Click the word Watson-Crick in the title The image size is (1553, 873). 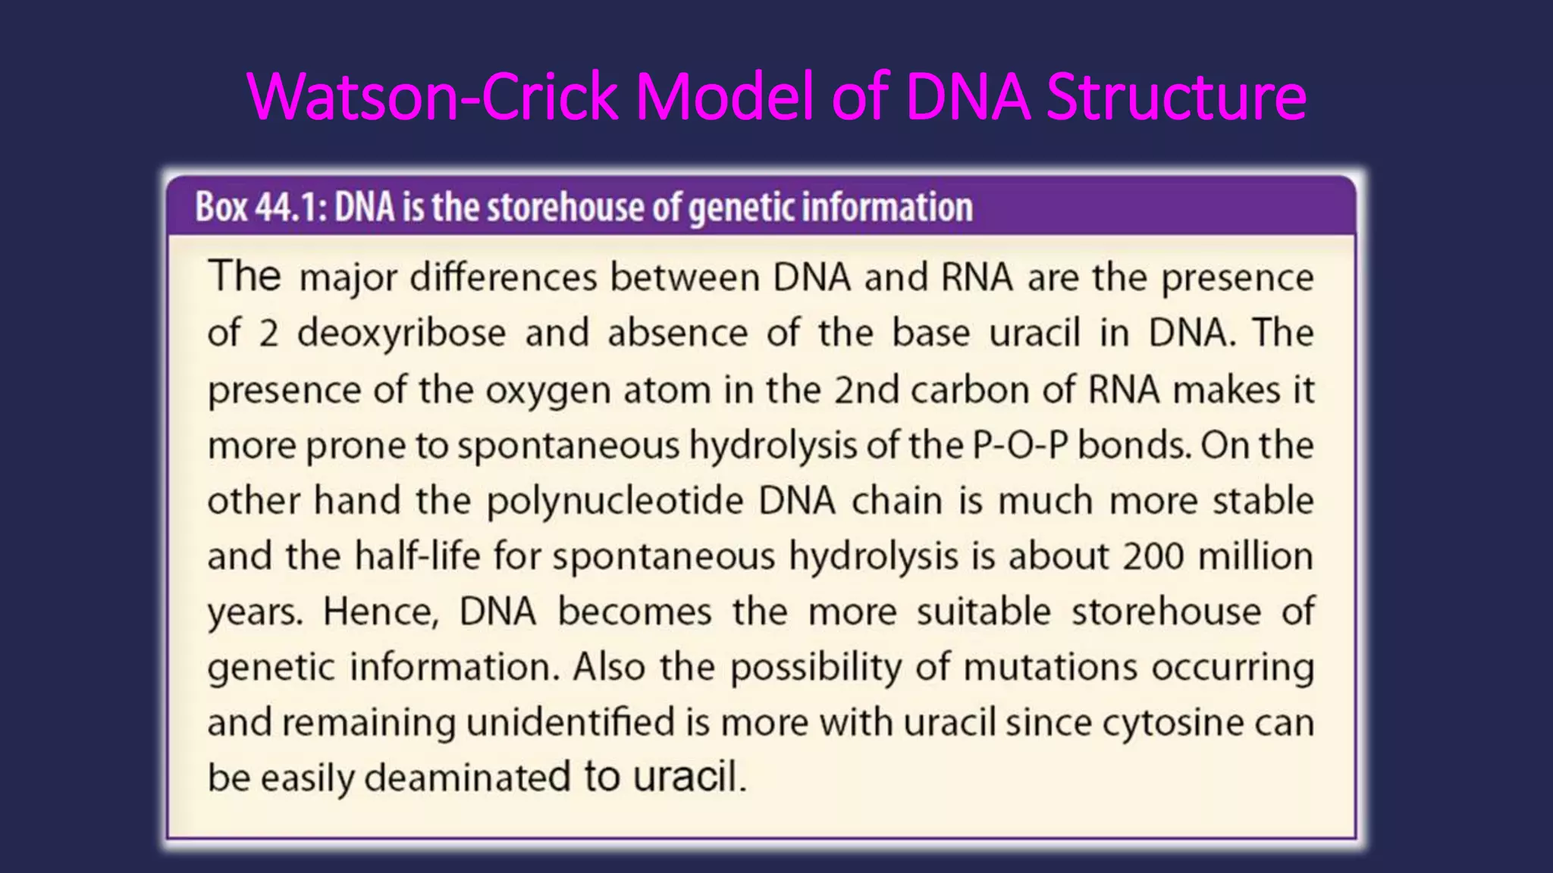coord(432,96)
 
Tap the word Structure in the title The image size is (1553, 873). coord(1176,96)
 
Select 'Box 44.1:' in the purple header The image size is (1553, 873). coord(261,207)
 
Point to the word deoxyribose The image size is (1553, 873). coord(401,333)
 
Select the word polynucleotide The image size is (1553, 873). coord(615,502)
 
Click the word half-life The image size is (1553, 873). coord(418,556)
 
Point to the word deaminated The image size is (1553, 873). coord(467,778)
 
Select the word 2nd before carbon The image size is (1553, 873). coord(867,390)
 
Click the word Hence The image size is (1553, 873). coord(381,612)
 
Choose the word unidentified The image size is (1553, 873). coord(570,723)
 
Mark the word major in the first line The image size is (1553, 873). coord(348,278)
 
